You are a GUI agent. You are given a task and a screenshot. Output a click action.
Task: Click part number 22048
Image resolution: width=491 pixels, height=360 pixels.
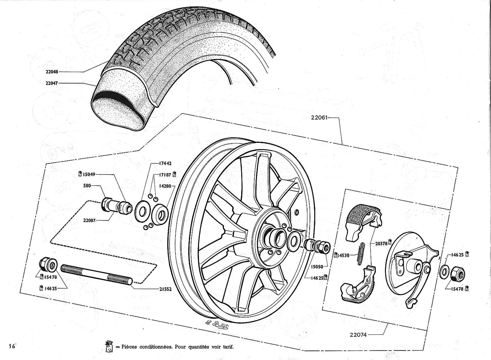(x=52, y=71)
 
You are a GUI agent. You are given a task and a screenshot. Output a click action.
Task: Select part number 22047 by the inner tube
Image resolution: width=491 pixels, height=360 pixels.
(x=52, y=83)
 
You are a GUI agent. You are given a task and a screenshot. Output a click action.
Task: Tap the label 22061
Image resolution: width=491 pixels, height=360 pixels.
(x=319, y=118)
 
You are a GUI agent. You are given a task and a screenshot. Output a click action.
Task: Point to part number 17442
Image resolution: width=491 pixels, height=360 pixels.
(x=165, y=163)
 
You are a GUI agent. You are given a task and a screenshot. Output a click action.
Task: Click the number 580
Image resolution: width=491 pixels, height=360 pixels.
(x=87, y=185)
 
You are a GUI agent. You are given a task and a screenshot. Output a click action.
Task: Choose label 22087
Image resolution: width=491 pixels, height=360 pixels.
(x=89, y=220)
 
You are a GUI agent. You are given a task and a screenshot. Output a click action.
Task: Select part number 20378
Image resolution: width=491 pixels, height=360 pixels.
(x=381, y=243)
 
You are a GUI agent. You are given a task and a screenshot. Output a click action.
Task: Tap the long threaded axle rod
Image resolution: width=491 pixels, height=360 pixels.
(x=97, y=275)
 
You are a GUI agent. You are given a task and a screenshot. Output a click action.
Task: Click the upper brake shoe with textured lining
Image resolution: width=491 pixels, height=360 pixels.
(x=364, y=222)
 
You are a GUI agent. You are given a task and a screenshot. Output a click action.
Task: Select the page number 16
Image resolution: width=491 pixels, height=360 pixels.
(x=12, y=346)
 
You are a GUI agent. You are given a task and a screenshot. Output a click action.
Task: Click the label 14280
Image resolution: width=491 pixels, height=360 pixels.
(x=165, y=186)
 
